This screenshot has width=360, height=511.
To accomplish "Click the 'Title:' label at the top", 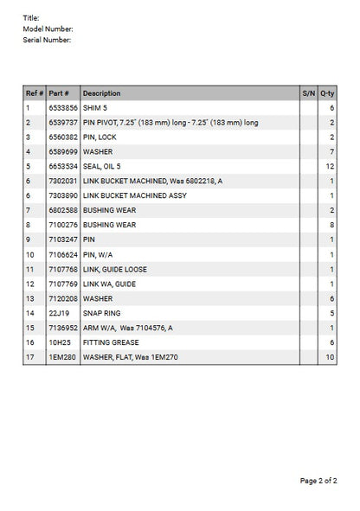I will [31, 17].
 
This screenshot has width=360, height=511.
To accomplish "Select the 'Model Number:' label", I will [47, 29].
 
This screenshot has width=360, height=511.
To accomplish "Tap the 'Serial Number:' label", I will [47, 40].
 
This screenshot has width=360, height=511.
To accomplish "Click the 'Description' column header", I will [102, 93].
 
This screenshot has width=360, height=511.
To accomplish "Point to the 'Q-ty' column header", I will [327, 93].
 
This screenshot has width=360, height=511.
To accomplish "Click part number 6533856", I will [63, 107].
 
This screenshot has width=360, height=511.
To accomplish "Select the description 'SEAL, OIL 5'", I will [105, 166].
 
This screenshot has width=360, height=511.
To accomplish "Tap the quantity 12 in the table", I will [330, 166].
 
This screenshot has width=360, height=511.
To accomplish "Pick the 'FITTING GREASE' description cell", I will [110, 342].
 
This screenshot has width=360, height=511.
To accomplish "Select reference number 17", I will [29, 357].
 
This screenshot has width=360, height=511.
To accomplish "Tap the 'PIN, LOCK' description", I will [100, 137].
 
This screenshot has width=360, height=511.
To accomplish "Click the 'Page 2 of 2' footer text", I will [318, 481].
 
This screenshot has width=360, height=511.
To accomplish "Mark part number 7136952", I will [63, 328].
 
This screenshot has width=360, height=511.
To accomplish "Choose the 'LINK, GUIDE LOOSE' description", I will [115, 269].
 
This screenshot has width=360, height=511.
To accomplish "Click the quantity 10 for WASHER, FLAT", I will [330, 357].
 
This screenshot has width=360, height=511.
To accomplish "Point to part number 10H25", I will [58, 342].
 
